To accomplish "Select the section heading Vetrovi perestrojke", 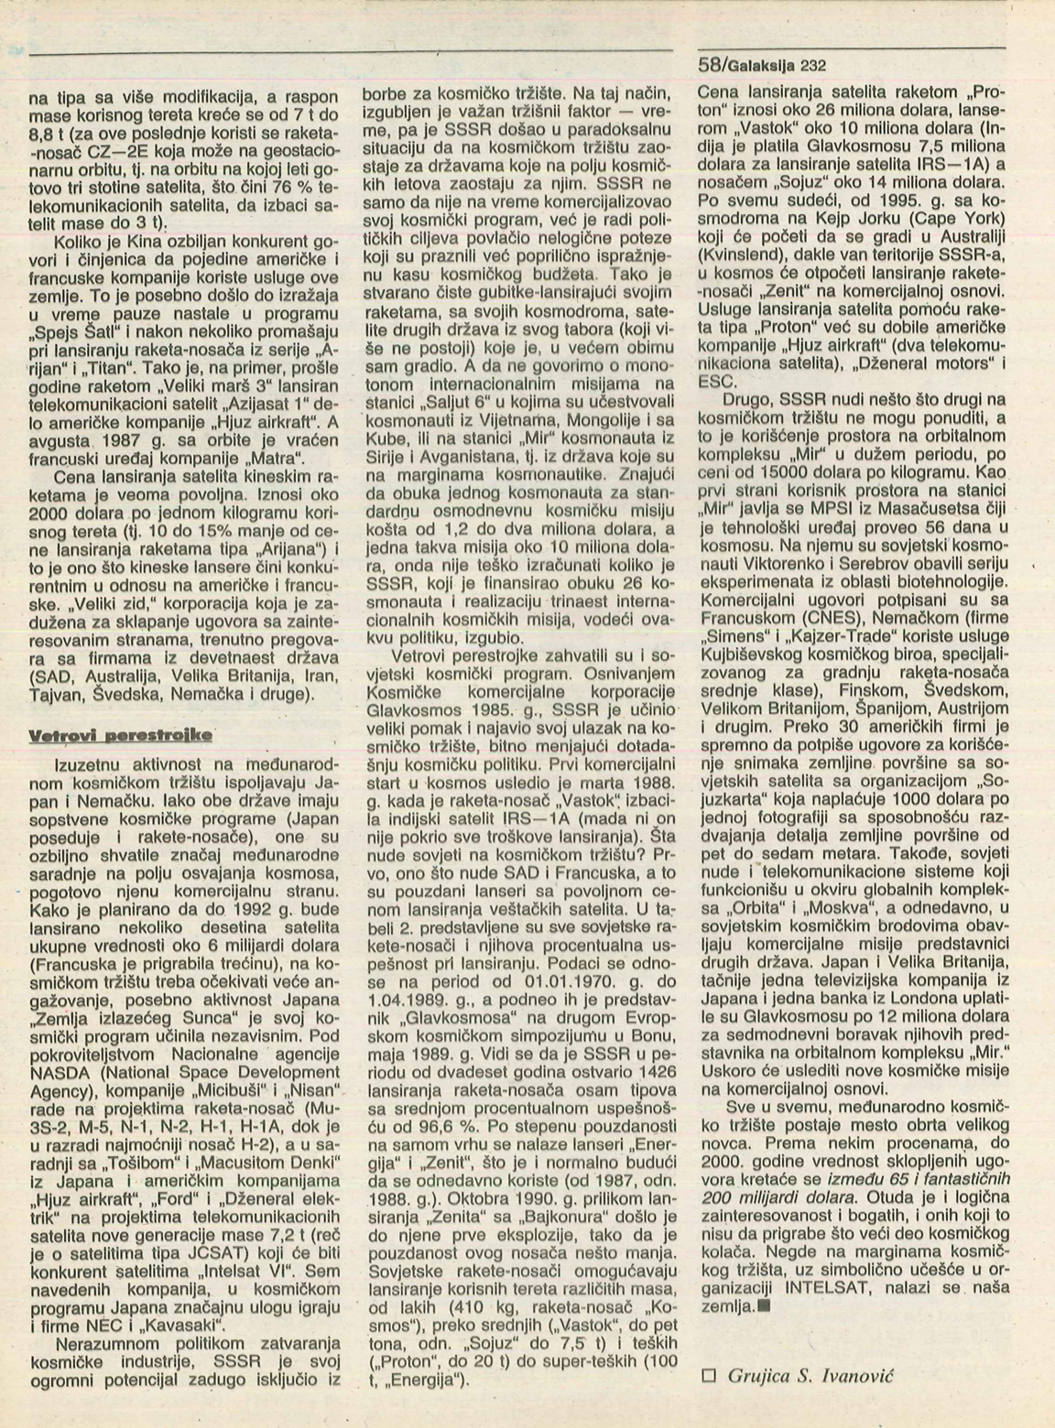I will coord(120,735).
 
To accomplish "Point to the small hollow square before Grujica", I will coord(706,1375).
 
